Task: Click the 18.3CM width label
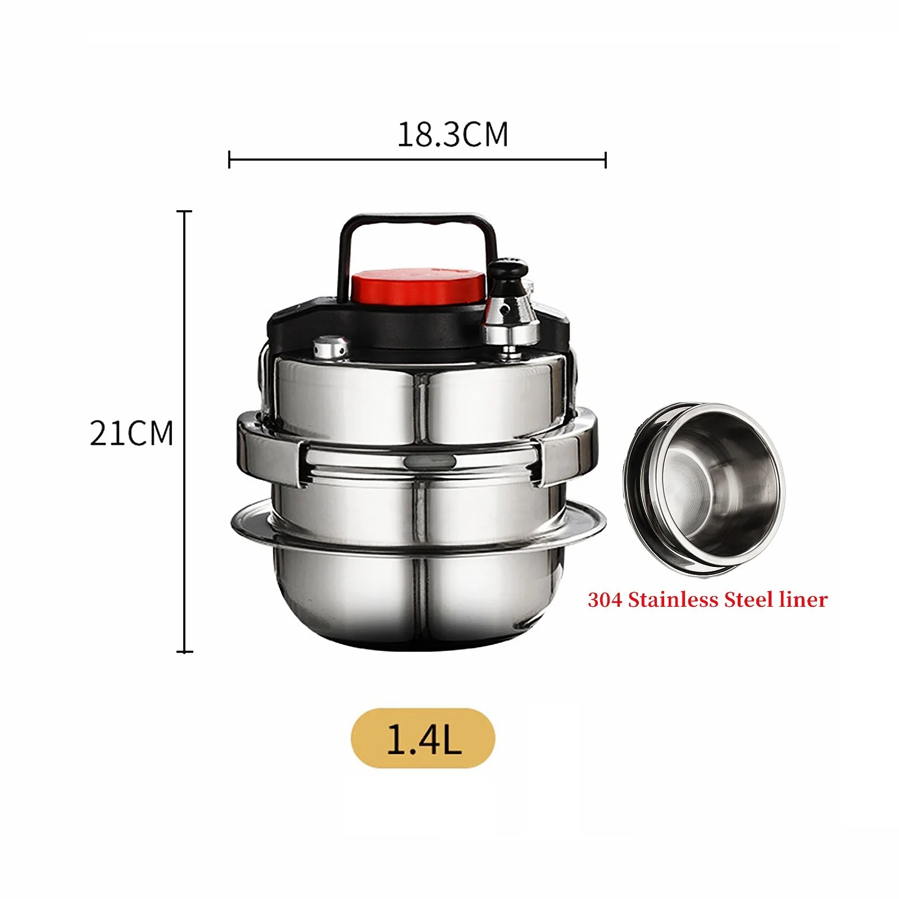click(x=453, y=135)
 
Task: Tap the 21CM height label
click(x=131, y=433)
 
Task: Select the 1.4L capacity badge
click(x=423, y=738)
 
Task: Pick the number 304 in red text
click(x=605, y=600)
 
